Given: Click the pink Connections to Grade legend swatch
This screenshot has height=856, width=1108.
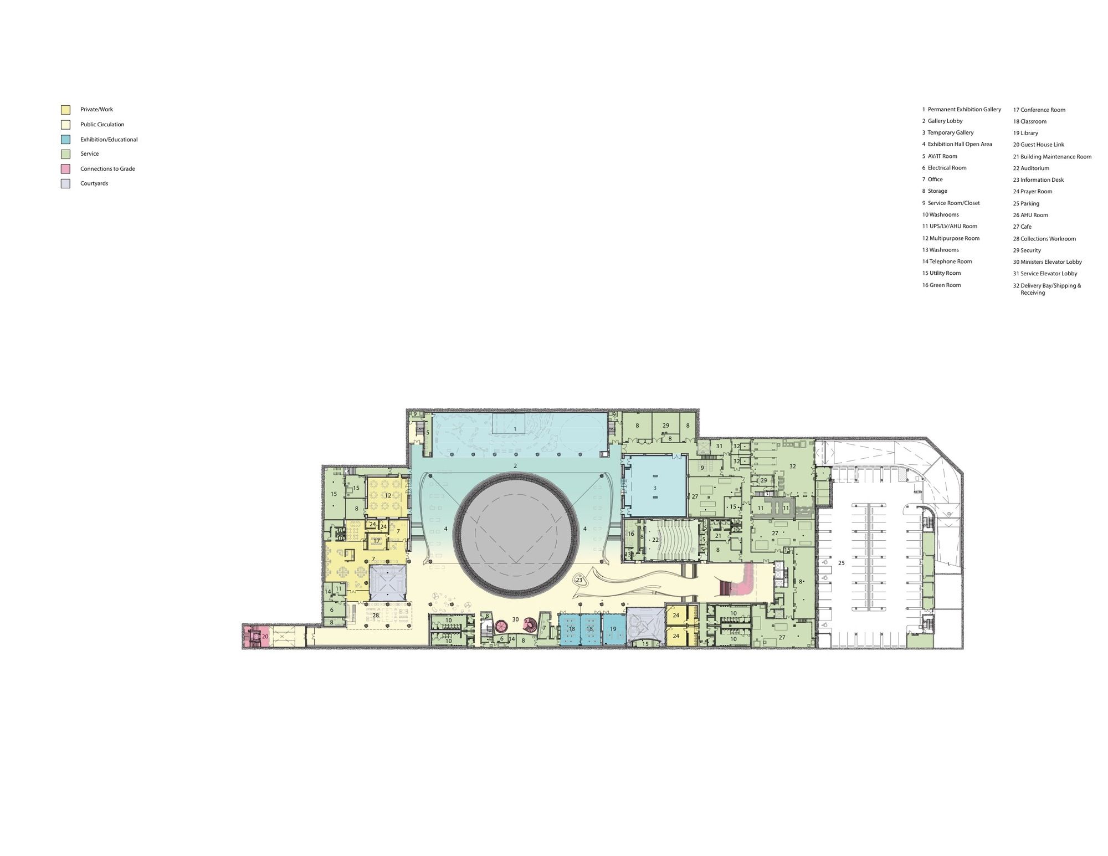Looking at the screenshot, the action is (65, 169).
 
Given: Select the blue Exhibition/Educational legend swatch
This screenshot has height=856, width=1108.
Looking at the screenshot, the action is (65, 140).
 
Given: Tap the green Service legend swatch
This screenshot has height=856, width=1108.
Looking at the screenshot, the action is (65, 154).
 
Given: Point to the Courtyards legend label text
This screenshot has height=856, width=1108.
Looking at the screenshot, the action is (94, 183).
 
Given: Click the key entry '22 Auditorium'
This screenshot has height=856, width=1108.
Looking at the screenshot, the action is (1031, 168).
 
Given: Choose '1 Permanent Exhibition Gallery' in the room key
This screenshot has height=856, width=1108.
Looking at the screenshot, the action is (962, 110).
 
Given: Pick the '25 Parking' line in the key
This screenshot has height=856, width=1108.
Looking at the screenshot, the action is (1026, 203).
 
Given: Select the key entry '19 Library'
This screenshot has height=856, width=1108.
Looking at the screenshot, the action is (1025, 133).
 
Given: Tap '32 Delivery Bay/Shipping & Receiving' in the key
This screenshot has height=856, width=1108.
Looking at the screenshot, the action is (1047, 289).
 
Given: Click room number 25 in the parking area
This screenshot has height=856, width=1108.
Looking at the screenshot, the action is (841, 563).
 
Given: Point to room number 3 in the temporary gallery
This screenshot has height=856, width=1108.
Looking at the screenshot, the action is (655, 488).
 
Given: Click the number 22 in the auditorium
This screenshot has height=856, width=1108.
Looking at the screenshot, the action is (655, 539).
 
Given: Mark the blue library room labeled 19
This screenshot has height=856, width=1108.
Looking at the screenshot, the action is (613, 629).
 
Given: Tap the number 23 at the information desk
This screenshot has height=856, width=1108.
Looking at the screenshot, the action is (579, 580).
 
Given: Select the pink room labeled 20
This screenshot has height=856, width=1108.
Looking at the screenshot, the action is (256, 636).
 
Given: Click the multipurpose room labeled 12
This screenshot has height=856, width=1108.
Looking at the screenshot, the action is (387, 495).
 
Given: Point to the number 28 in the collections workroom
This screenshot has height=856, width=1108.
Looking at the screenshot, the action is (376, 616).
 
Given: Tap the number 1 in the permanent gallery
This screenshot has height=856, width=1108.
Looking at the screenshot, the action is (515, 429).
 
